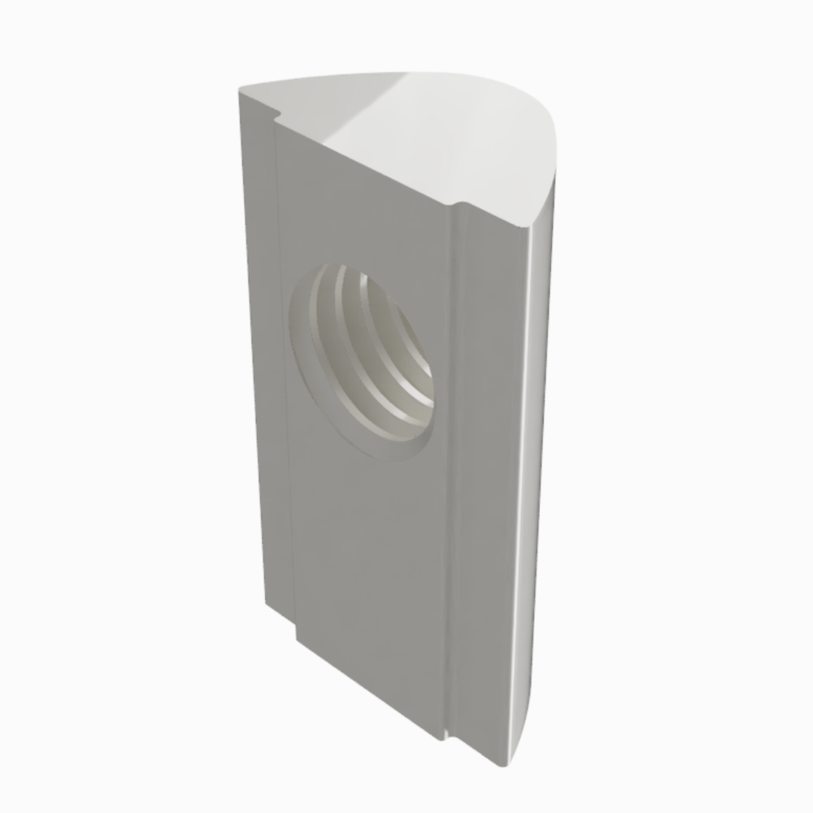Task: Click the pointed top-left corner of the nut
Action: (x=240, y=88)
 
